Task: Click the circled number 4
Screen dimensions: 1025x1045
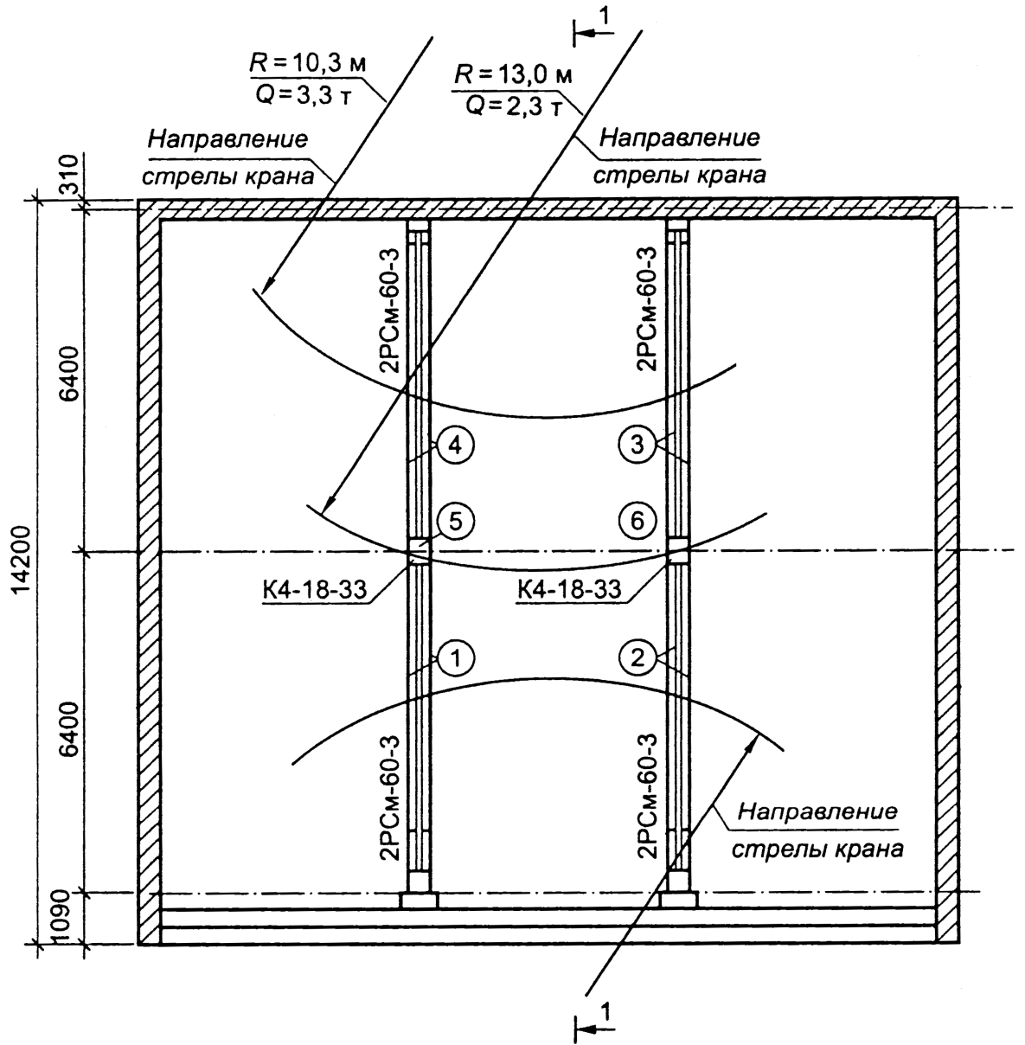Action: pos(456,446)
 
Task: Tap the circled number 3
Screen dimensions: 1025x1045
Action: pos(637,445)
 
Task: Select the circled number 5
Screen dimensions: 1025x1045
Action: pos(456,521)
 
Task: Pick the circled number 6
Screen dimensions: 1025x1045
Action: pos(637,521)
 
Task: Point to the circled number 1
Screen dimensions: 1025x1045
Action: pos(456,657)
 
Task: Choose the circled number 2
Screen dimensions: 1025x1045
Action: pos(637,657)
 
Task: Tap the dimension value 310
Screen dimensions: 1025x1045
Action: pos(69,173)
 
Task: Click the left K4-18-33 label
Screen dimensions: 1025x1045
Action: pos(315,588)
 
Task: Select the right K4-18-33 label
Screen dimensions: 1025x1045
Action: pos(569,588)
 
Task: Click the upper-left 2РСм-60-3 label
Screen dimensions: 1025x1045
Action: pos(389,310)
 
